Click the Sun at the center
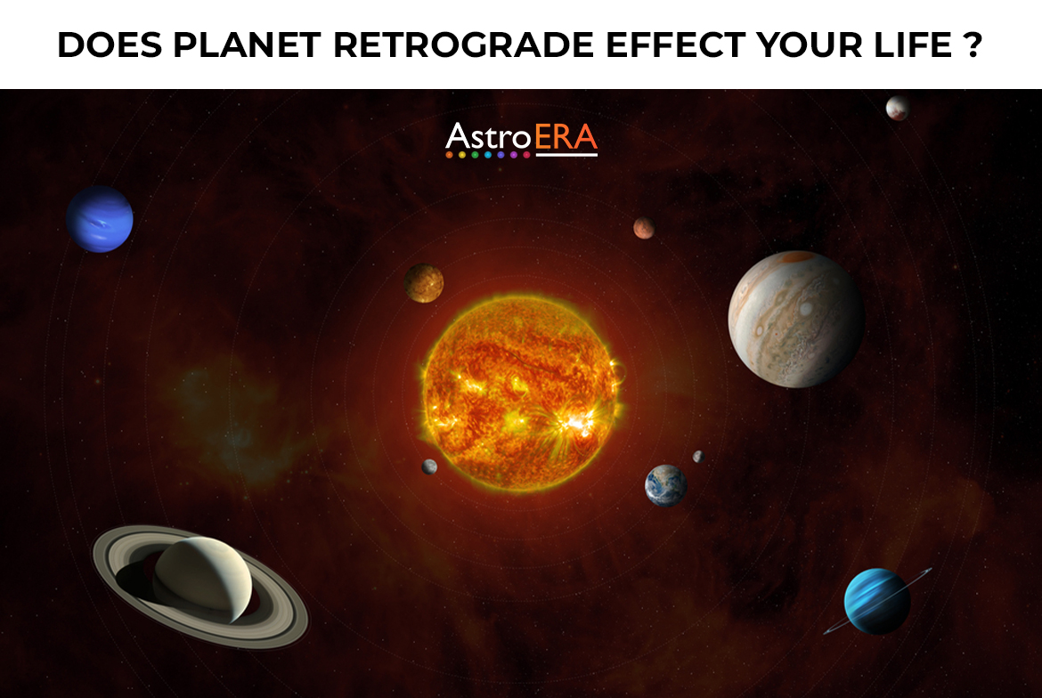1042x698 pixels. [521, 392]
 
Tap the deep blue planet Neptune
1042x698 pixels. [100, 219]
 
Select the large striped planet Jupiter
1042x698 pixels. [795, 319]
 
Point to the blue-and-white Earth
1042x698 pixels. [665, 485]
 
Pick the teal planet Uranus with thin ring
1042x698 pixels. [876, 601]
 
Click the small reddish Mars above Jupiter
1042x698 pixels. [644, 229]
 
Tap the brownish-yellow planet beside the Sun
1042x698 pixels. [424, 282]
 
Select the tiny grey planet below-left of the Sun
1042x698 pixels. [429, 467]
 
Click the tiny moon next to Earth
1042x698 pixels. [697, 457]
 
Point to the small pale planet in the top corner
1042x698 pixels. [897, 108]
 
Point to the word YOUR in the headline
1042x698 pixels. [806, 45]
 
